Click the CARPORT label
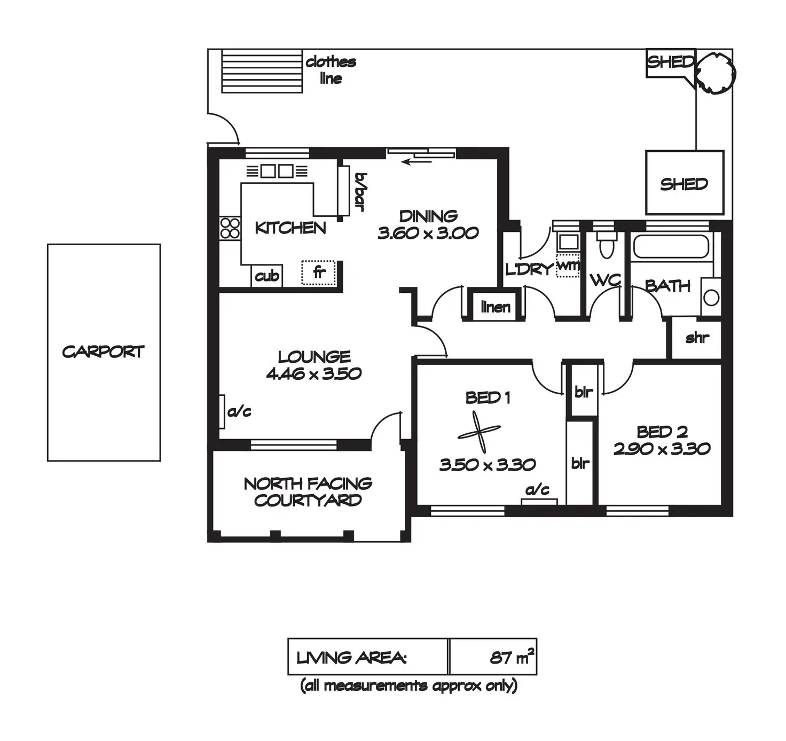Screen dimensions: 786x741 point(103,352)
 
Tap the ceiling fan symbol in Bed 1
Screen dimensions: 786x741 point(480,432)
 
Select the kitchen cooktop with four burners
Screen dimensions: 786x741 point(230,228)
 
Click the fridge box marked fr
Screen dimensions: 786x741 point(318,272)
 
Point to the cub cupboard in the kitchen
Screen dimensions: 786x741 point(266,276)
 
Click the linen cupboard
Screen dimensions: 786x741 point(495,307)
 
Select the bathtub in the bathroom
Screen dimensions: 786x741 point(671,247)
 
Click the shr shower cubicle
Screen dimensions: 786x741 point(696,338)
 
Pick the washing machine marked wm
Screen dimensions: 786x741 point(567,266)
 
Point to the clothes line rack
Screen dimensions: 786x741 point(262,71)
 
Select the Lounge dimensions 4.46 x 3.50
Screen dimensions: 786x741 point(314,373)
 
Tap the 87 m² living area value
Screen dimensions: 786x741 point(512,657)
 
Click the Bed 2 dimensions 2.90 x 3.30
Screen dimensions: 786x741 point(662,449)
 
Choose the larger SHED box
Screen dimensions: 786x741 point(685,183)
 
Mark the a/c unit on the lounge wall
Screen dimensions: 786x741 point(222,411)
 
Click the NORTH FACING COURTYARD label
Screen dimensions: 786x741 point(308,492)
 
